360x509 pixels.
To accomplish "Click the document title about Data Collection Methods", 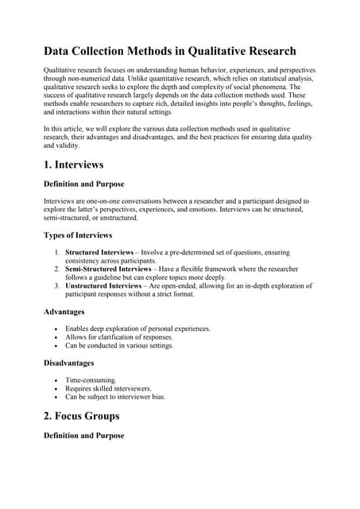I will (x=169, y=51).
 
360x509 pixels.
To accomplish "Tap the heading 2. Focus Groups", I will (x=81, y=415).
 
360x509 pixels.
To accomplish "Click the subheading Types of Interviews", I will (x=77, y=235).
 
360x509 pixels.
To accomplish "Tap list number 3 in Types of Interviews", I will (x=57, y=286).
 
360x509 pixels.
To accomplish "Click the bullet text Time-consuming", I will (x=91, y=380).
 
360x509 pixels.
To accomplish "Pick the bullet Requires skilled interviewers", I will (x=107, y=388).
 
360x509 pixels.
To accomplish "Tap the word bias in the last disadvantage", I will (x=158, y=396).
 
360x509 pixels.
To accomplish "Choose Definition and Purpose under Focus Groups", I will (x=83, y=436).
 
